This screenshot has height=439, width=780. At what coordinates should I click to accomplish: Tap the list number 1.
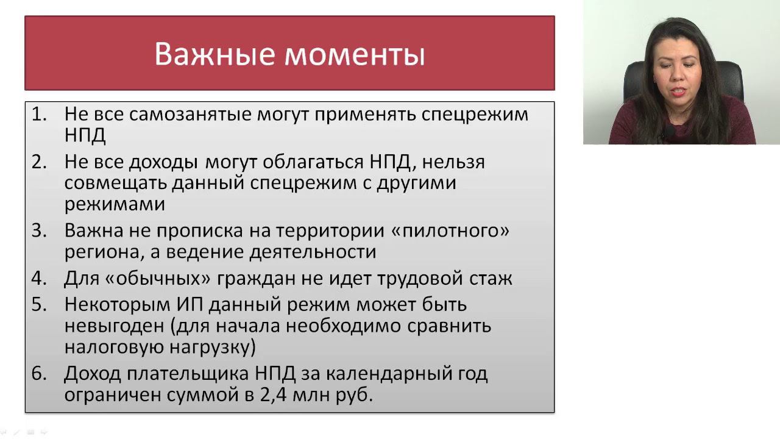tap(39, 114)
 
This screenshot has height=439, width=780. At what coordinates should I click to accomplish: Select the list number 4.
tap(39, 279)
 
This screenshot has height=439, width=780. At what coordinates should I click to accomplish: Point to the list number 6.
tap(39, 374)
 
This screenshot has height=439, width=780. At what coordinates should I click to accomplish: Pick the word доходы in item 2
tap(163, 163)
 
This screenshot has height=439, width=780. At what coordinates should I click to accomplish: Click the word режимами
tap(115, 204)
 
